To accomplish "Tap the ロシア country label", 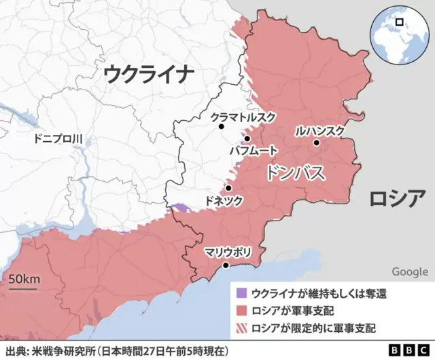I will (397, 198).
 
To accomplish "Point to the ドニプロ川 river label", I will (58, 139).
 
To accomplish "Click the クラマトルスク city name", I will (243, 117).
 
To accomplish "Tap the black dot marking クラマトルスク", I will (221, 126).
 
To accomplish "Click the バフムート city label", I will (254, 149).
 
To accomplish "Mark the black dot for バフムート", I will (247, 138).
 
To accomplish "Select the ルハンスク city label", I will (320, 130).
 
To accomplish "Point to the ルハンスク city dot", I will (316, 142).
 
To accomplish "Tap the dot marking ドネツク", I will (228, 188).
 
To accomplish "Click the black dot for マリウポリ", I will (226, 265).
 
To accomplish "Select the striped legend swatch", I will (240, 328).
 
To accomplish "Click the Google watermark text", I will (409, 272).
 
